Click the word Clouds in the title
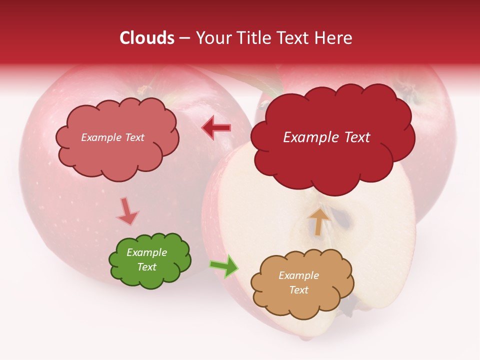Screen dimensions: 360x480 [x=147, y=38]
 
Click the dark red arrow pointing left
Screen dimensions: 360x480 [x=216, y=128]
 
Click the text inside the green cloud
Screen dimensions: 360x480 [x=147, y=260]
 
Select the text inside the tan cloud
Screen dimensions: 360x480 [x=298, y=282]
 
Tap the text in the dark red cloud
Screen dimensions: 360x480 [x=326, y=137]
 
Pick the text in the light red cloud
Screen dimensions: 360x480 [x=112, y=137]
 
